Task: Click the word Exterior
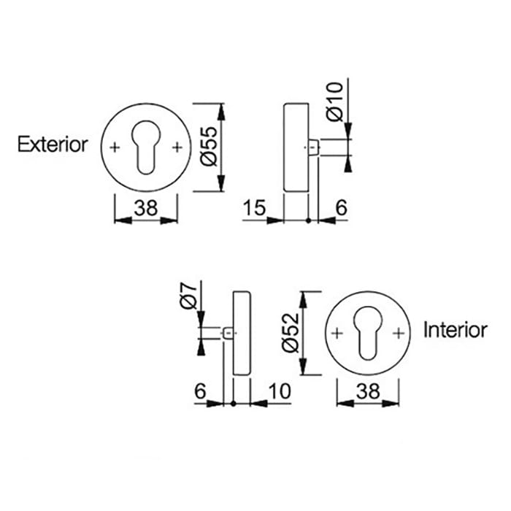coord(53,145)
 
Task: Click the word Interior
coord(455,330)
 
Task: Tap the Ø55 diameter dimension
coord(207,146)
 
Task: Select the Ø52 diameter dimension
coord(291,332)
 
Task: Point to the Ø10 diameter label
coord(334,101)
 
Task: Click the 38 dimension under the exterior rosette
coord(146,209)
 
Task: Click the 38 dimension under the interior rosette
coord(367,392)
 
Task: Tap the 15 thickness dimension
coord(255,209)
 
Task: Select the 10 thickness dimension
coord(279,392)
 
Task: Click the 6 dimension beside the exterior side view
coord(340,209)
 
